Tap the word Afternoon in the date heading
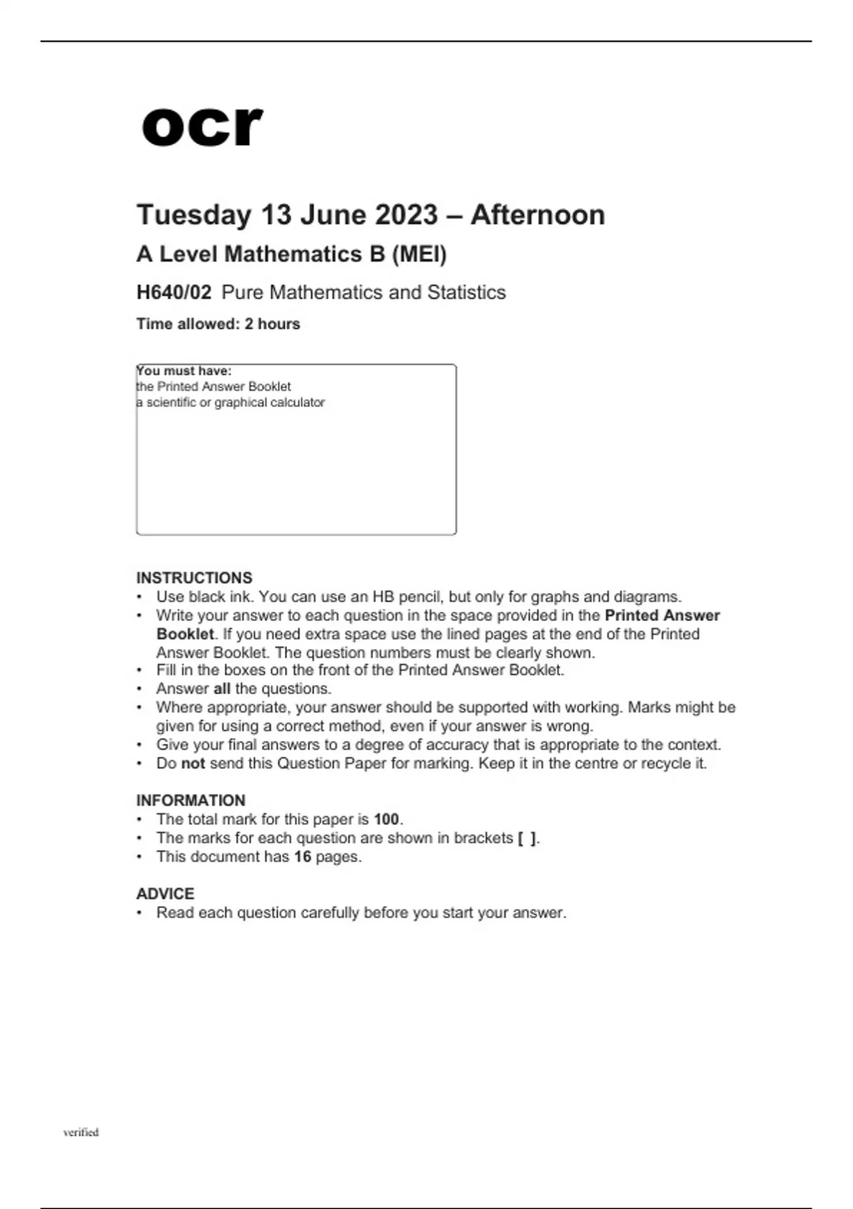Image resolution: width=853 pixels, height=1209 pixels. [537, 215]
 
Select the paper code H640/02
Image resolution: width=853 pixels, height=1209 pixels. [174, 292]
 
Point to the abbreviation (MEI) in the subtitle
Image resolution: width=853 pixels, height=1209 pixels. [419, 254]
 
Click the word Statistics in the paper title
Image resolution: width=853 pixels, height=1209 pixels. [466, 292]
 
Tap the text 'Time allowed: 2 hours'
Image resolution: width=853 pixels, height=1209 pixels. [218, 324]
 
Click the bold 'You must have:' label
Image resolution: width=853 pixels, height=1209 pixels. [184, 371]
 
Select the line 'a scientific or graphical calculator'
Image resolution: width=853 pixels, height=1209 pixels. [230, 403]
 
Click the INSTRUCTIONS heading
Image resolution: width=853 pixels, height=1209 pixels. [194, 577]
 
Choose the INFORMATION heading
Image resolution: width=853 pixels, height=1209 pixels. [191, 800]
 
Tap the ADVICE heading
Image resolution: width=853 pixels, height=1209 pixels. [165, 893]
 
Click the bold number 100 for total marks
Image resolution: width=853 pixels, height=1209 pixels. [387, 819]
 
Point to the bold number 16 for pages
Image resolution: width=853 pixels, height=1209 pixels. [303, 856]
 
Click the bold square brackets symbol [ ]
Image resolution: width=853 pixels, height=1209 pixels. [527, 838]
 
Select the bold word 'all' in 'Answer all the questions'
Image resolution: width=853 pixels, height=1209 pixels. [222, 688]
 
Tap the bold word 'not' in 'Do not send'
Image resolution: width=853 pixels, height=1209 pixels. [193, 763]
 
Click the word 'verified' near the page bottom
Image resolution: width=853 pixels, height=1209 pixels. [81, 1132]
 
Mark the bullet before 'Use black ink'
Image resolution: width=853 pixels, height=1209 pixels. [140, 597]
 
